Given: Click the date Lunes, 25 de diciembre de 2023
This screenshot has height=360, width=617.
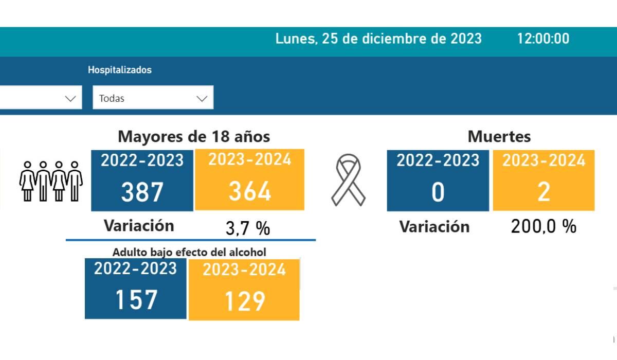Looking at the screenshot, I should [x=378, y=39].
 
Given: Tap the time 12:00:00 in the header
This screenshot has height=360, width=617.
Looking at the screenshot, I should [x=543, y=39].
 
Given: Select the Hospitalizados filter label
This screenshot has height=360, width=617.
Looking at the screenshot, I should [x=120, y=70].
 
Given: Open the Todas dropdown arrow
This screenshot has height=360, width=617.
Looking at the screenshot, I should [x=202, y=98].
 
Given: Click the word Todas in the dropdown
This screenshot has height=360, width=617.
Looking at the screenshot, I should [x=112, y=98].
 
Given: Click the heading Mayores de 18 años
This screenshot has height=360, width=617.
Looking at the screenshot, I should [x=194, y=136].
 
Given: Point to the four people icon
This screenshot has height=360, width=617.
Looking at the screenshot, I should [x=51, y=181].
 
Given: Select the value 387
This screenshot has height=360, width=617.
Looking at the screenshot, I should [x=142, y=192].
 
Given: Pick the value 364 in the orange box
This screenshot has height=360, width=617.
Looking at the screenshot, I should [x=249, y=192].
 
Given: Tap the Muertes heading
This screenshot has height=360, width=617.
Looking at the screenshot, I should [x=499, y=136].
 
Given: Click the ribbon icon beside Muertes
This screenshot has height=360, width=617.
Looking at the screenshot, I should [x=348, y=181].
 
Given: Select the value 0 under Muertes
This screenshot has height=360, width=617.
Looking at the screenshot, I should [x=438, y=192].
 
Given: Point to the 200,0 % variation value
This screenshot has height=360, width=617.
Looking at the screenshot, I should [x=543, y=226].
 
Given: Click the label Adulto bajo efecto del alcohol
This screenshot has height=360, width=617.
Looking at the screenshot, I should [x=189, y=252].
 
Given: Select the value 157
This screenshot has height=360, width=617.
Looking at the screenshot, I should [x=136, y=300].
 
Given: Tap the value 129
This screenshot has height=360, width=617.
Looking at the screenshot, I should [x=244, y=301].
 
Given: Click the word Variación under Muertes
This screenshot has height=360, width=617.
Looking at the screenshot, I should [x=434, y=227].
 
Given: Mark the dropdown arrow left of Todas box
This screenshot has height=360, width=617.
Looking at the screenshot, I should [x=70, y=98].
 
